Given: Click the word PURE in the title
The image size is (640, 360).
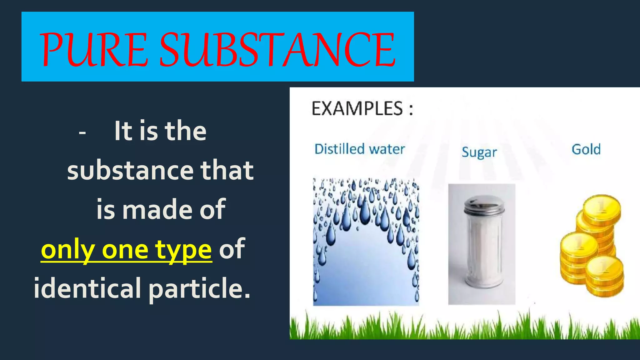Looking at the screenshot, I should coord(94,50).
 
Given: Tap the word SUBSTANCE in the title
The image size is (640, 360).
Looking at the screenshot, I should coord(277,50).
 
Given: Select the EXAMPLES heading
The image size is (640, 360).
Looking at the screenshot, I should coord(362,109).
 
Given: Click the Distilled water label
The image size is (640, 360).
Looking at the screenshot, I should coord(359,149).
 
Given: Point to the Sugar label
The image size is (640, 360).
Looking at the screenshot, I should coord(479,152).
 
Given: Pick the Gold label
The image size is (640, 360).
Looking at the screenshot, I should coord(586,149).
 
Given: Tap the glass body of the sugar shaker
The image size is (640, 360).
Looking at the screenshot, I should coord(483,250).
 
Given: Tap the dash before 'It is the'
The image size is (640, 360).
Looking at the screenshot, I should coord(82,133).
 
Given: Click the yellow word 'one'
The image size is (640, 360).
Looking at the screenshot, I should coord(125,250).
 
